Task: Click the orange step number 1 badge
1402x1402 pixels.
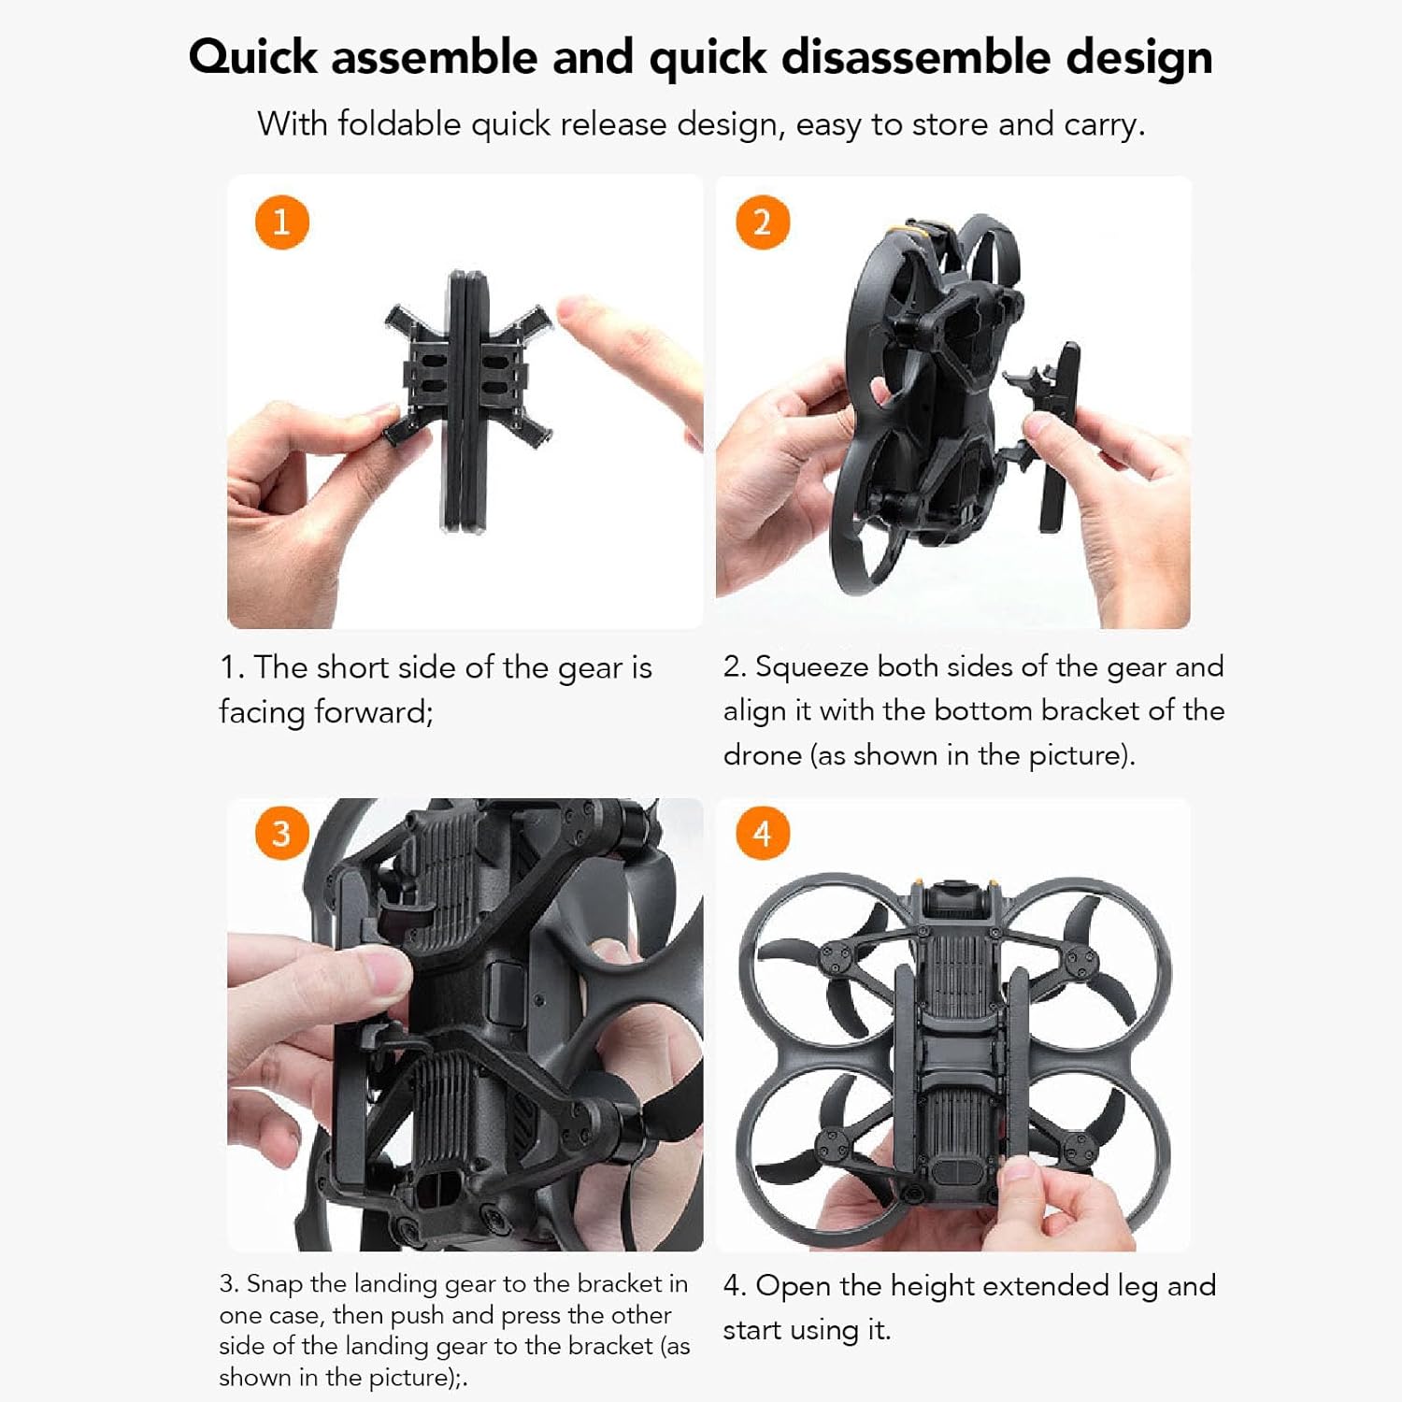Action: (x=281, y=222)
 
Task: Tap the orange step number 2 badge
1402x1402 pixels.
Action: (x=763, y=222)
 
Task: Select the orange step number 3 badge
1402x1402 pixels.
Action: (x=281, y=833)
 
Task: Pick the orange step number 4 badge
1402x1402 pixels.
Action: (x=763, y=833)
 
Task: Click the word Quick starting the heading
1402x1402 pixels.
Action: (x=253, y=57)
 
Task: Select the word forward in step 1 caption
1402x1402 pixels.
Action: (x=374, y=712)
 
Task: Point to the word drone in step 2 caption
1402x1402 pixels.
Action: (x=762, y=755)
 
